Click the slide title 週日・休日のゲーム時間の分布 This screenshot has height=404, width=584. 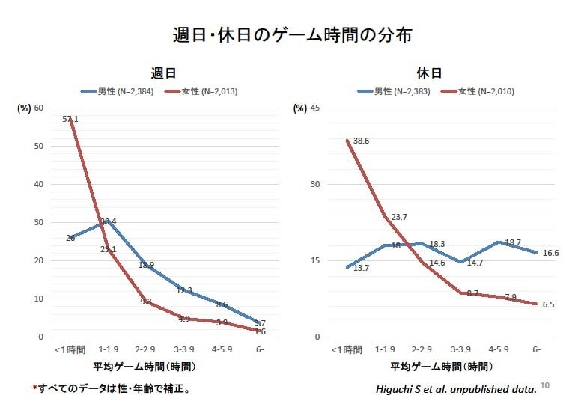point(292,34)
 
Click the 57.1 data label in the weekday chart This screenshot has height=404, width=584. point(71,119)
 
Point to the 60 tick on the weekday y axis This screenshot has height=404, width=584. point(38,108)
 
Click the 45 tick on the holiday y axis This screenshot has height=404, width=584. point(315,108)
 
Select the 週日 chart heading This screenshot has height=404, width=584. point(162,73)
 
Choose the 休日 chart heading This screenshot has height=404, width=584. point(429,73)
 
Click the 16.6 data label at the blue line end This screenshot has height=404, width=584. point(550,253)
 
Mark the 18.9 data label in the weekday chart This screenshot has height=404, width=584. point(146,265)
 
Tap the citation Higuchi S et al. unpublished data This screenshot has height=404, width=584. point(456,389)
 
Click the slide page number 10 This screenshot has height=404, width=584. point(544,386)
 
